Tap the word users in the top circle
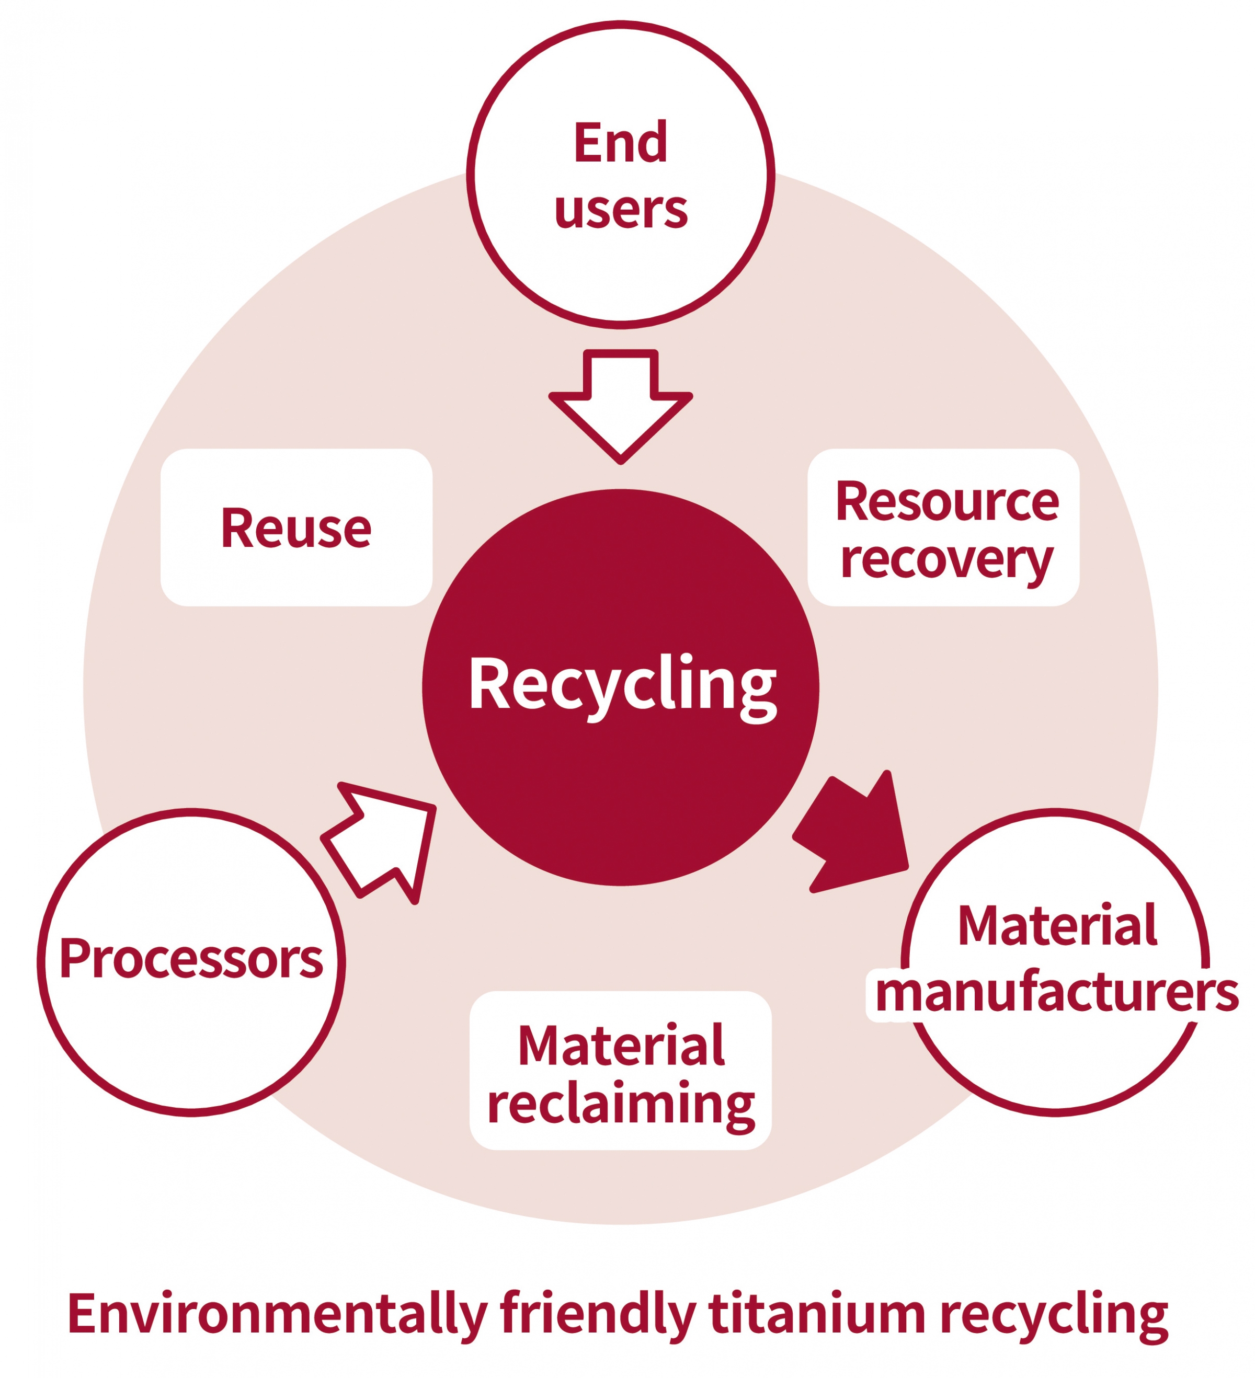pyautogui.click(x=620, y=209)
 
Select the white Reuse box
pyautogui.click(x=296, y=527)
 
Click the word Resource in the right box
pyautogui.click(x=946, y=502)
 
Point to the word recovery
pyautogui.click(x=946, y=560)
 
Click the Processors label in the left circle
pyautogui.click(x=191, y=958)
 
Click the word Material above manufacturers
pyautogui.click(x=1056, y=926)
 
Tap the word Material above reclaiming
pyautogui.click(x=620, y=1046)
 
